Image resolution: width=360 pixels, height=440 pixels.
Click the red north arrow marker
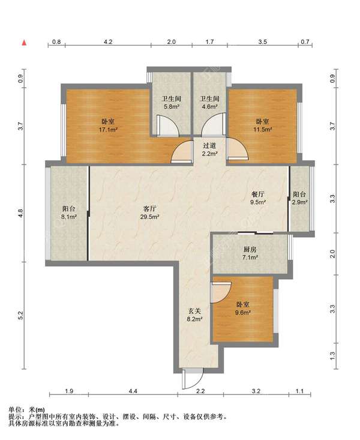tap(25, 43)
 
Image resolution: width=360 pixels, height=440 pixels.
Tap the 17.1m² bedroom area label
tap(108, 130)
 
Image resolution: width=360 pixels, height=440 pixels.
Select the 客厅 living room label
tap(150, 209)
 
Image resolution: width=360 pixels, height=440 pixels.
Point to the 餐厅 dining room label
tap(258, 194)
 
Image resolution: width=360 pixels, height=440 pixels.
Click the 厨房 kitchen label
tap(250, 249)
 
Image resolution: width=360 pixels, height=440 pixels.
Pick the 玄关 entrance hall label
tap(195, 311)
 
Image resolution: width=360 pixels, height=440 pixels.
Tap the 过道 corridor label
tap(210, 146)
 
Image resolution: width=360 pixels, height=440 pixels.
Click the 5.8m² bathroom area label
tap(172, 107)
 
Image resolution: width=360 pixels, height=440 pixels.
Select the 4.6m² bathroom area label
tap(210, 107)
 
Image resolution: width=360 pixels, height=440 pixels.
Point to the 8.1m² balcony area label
tap(69, 217)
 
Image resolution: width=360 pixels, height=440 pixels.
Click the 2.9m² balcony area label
tap(299, 202)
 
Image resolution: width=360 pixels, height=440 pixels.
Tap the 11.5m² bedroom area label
tap(263, 130)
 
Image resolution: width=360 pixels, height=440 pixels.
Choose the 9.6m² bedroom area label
tap(243, 312)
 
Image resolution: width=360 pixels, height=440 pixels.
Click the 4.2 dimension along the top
tap(108, 42)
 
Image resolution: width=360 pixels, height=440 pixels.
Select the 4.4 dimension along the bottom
tap(133, 391)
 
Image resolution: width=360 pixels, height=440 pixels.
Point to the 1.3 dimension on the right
tap(333, 356)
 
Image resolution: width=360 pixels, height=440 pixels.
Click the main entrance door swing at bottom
tap(193, 379)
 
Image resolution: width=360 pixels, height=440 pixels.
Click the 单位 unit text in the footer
tap(14, 410)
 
